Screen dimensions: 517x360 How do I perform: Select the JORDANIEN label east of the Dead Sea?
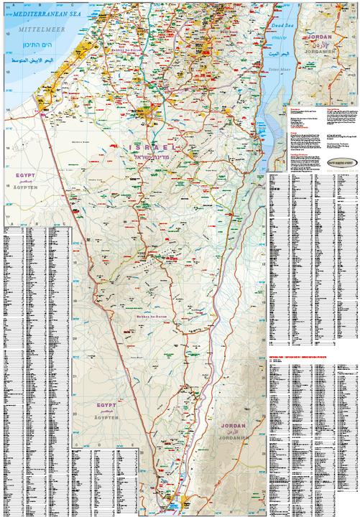point(322,50)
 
